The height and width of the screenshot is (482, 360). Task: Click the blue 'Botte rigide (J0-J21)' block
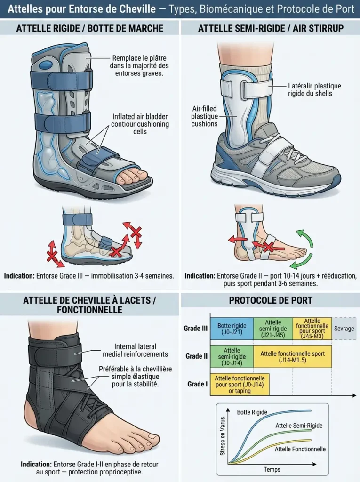click(x=232, y=329)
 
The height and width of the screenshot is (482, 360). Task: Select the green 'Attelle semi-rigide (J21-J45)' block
click(x=273, y=329)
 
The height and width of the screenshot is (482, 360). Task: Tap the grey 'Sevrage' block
click(x=344, y=329)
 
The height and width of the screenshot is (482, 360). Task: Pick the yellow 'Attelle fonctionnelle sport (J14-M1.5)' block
click(x=292, y=357)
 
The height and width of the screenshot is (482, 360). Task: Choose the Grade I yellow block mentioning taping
click(x=240, y=384)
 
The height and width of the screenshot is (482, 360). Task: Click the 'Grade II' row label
click(x=196, y=356)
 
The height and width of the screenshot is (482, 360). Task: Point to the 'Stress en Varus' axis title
click(x=223, y=436)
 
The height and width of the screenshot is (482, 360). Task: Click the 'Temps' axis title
click(x=272, y=469)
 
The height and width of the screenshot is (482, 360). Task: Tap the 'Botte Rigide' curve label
click(x=252, y=412)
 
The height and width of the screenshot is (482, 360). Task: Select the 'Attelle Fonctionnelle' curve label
click(x=300, y=449)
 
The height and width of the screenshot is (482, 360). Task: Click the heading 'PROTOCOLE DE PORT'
click(x=271, y=300)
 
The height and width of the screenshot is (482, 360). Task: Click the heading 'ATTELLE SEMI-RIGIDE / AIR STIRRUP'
click(x=271, y=28)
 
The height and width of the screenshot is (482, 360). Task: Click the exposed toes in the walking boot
click(x=134, y=176)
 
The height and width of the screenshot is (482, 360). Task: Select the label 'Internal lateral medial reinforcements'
click(x=135, y=350)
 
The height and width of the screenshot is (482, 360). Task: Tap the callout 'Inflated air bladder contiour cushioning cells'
click(x=140, y=124)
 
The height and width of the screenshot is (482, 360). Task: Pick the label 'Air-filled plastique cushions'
click(x=204, y=116)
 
